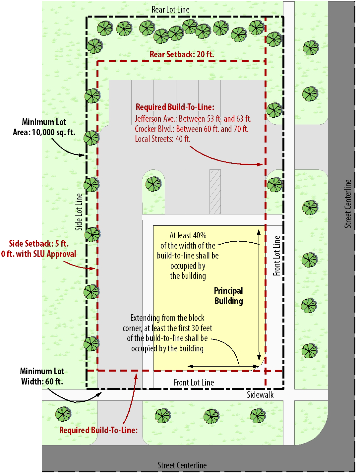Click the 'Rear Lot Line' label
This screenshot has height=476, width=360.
coord(170,10)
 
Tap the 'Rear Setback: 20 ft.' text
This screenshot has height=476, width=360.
coord(182,54)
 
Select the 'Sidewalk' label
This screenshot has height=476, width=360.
coord(260,395)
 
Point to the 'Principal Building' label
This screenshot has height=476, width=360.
coord(228,296)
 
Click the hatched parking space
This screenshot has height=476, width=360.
coord(215,192)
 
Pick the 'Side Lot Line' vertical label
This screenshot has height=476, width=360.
coord(79,212)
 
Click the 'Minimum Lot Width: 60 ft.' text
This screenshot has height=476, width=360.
coord(42,376)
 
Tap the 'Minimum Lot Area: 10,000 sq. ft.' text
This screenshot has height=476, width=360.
coord(44,127)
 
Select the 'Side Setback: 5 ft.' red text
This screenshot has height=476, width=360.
coord(39,244)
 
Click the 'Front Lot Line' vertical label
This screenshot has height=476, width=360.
coord(277,256)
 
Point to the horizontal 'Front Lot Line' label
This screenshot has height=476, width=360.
coord(194,383)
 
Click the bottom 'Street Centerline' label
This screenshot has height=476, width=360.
coord(182,465)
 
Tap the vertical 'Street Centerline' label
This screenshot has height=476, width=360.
coord(348,204)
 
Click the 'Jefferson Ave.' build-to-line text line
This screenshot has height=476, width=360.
coord(193,119)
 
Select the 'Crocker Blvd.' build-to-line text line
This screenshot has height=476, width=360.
coord(192,129)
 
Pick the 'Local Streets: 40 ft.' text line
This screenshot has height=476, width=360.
coord(162,139)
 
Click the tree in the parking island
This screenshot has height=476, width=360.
coord(153,184)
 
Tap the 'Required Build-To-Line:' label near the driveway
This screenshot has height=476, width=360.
coord(98,430)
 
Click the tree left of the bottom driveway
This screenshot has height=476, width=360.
coord(63,414)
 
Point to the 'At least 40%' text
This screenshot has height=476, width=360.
coord(188,235)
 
